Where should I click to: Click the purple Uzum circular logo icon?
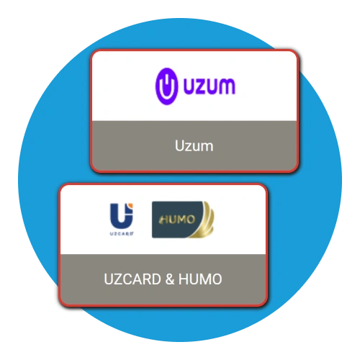click(x=166, y=86)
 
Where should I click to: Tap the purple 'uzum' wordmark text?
click(x=210, y=86)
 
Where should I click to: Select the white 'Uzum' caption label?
click(x=194, y=145)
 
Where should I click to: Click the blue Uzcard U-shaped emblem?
click(x=122, y=216)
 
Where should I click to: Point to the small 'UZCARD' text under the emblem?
click(x=122, y=234)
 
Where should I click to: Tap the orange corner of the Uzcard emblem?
click(x=130, y=206)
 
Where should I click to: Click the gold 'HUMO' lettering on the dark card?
click(x=177, y=220)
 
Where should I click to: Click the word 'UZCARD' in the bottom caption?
click(x=132, y=279)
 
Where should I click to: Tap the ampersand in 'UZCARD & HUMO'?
click(x=170, y=279)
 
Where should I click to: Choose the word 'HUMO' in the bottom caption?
click(x=200, y=279)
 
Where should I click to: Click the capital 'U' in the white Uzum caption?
click(x=179, y=145)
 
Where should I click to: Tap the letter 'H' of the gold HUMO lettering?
click(x=164, y=220)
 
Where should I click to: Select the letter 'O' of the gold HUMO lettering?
click(x=191, y=220)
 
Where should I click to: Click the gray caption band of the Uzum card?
click(x=194, y=145)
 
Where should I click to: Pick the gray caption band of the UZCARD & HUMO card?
click(x=163, y=279)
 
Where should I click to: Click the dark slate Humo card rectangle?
click(x=176, y=220)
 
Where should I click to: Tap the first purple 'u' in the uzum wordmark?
click(x=190, y=86)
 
